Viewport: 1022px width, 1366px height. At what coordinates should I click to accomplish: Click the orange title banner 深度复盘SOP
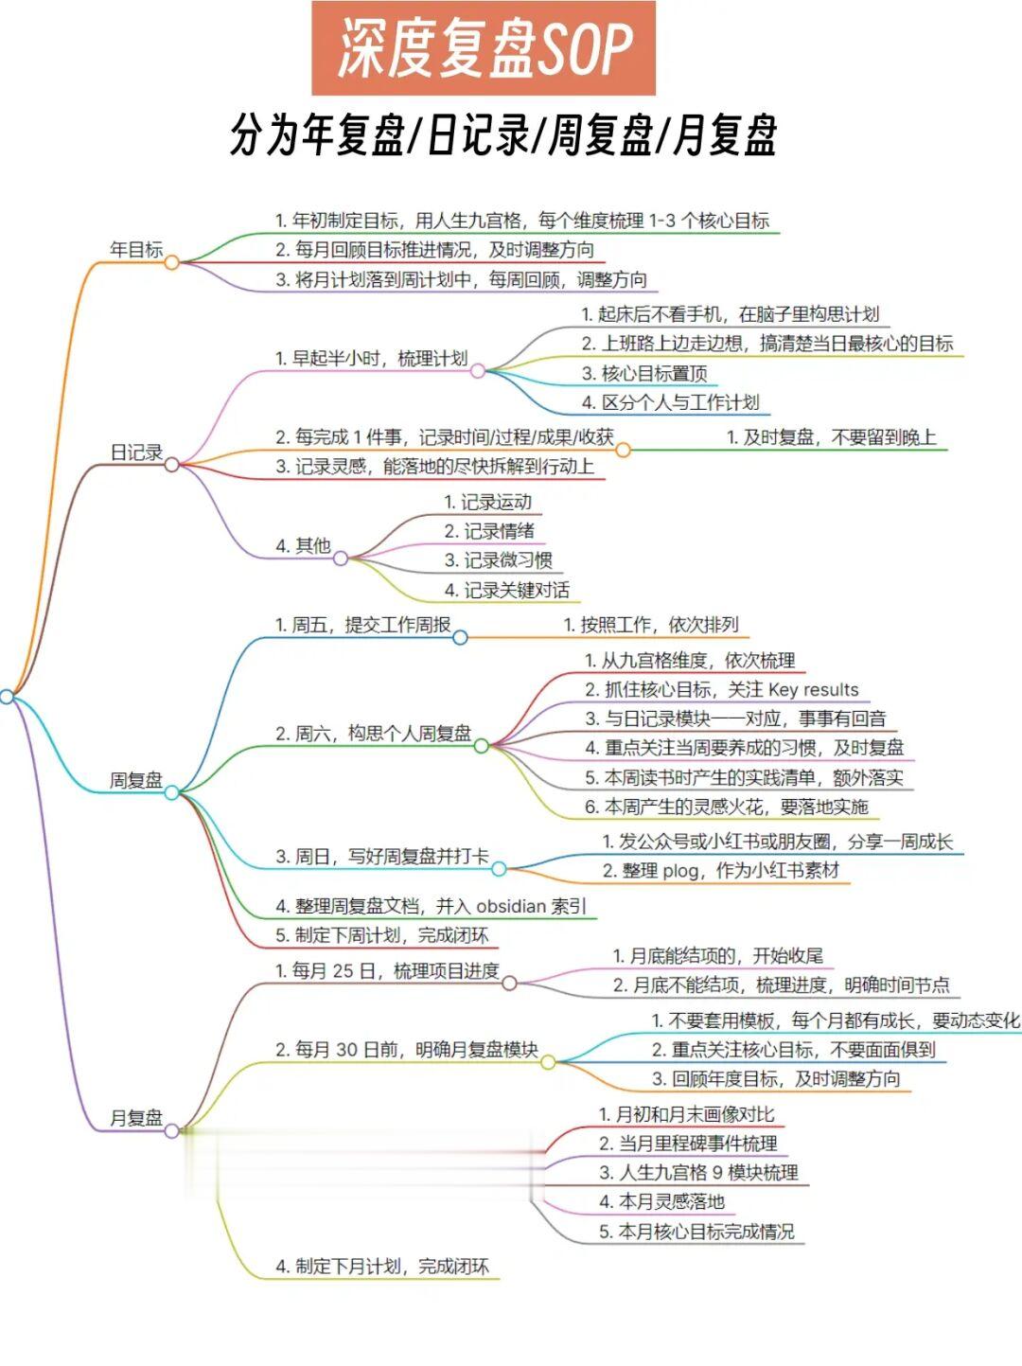coord(484,48)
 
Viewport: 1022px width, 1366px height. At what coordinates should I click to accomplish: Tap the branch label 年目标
coord(136,250)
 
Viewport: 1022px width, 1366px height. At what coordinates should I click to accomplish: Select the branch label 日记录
coord(136,452)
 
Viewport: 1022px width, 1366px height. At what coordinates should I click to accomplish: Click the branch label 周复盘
coord(136,780)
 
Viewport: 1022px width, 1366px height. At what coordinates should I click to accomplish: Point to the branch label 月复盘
coord(136,1118)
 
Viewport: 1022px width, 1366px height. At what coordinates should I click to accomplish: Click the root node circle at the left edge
coord(7,697)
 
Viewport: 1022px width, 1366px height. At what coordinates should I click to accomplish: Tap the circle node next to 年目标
coord(171,262)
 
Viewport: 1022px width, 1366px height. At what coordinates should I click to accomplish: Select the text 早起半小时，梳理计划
coord(371,359)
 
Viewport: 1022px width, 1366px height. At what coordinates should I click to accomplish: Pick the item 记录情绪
coord(489,531)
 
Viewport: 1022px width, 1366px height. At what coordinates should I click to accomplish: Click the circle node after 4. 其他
coord(341,559)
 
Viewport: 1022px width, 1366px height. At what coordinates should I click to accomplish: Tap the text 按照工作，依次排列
coord(651,625)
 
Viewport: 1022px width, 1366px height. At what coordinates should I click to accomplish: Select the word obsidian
coord(511,906)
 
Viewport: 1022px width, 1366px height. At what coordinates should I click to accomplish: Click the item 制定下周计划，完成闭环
coord(382,935)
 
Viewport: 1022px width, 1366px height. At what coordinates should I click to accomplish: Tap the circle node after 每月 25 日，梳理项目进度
coord(509,983)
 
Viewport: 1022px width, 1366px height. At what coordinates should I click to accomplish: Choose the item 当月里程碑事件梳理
coord(688,1144)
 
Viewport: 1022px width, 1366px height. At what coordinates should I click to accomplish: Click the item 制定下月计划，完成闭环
coord(382,1267)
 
